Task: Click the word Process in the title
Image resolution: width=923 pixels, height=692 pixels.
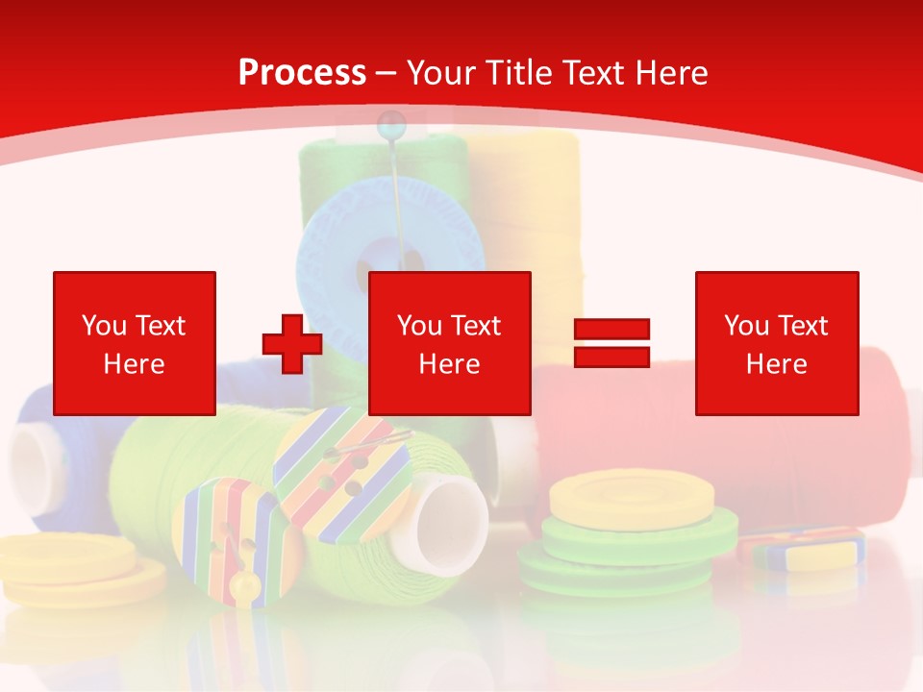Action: [302, 73]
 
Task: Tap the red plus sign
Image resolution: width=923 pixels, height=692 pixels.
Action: [291, 344]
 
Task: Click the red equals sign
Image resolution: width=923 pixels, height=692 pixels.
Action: [611, 344]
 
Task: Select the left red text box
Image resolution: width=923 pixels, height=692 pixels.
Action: [135, 343]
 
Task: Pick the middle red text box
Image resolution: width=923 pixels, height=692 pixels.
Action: [449, 343]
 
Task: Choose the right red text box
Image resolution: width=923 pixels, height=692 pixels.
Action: [776, 343]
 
